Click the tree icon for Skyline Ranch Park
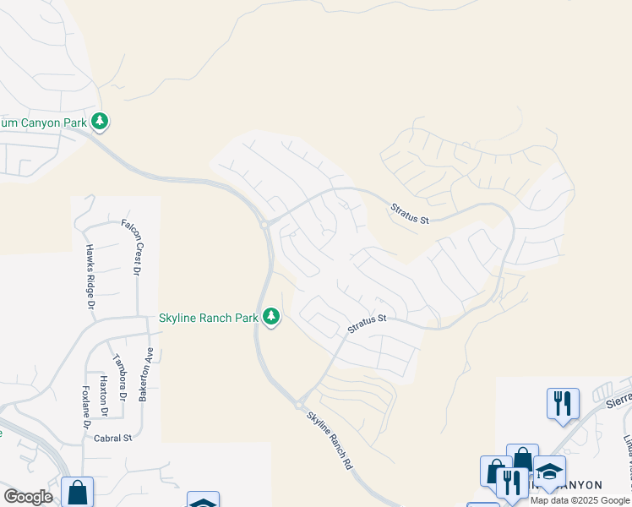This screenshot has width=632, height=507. tap(270, 317)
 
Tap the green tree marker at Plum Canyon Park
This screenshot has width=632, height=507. tap(100, 122)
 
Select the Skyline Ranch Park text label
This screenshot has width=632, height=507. tap(208, 319)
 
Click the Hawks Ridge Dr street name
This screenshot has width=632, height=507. tap(89, 276)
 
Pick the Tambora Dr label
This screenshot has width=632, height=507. tap(120, 377)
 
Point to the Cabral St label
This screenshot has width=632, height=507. tap(114, 439)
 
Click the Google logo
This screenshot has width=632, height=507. tap(28, 497)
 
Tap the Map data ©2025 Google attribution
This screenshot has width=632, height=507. tap(580, 500)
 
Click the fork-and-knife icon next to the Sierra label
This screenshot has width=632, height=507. tap(563, 402)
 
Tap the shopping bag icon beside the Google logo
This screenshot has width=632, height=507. tap(77, 491)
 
